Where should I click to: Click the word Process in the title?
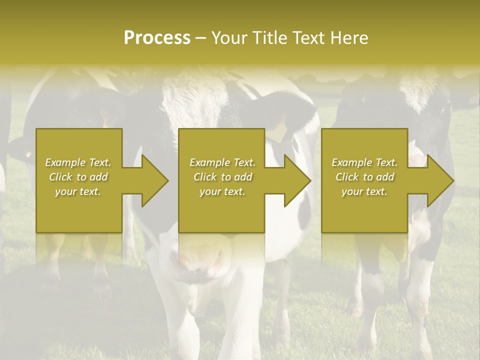pyautogui.click(x=157, y=38)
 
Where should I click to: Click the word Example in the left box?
pyautogui.click(x=64, y=162)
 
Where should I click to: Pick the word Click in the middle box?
pyautogui.click(x=205, y=177)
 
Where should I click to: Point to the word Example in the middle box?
pyautogui.click(x=209, y=162)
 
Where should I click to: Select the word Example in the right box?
pyautogui.click(x=351, y=162)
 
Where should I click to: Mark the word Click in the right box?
pyautogui.click(x=347, y=177)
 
